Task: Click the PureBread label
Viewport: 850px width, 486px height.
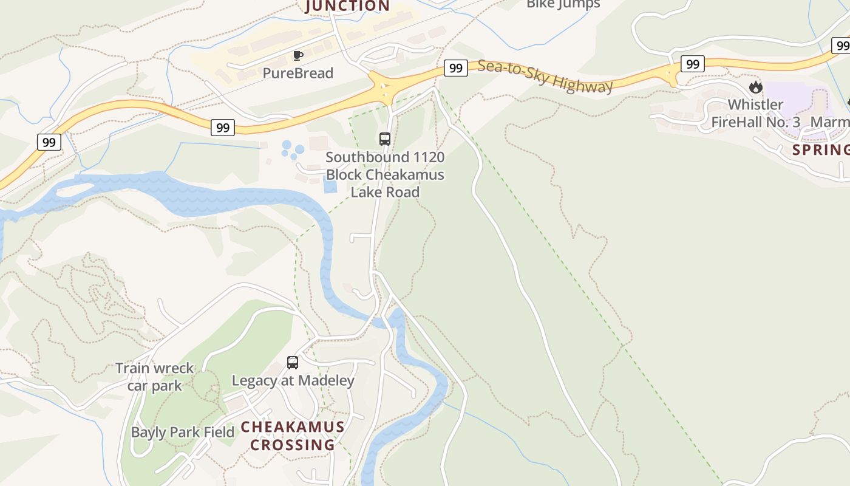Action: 297,74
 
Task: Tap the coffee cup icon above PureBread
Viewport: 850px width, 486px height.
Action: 297,56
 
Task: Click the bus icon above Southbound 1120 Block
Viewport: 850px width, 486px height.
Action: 385,139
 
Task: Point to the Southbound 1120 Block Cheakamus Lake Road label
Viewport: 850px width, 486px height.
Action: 385,174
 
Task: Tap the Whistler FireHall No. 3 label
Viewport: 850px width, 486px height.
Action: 755,114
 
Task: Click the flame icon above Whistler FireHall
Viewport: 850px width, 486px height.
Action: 755,87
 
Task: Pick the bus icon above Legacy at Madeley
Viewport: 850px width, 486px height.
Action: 293,363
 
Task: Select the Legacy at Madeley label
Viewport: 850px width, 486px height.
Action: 293,381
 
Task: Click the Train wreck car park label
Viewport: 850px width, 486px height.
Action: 154,377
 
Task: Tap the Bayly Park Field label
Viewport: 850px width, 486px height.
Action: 183,433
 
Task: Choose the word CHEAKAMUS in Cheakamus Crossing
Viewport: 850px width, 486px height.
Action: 293,427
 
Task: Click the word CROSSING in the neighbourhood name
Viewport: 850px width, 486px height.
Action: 293,445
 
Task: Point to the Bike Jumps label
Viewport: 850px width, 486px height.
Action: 563,4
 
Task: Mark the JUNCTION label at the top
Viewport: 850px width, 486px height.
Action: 347,6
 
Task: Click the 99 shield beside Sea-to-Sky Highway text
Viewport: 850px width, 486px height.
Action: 455,68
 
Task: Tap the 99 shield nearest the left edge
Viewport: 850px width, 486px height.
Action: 49,142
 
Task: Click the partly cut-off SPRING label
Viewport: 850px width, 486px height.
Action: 820,150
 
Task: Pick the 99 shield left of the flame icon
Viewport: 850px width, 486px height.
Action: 692,63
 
